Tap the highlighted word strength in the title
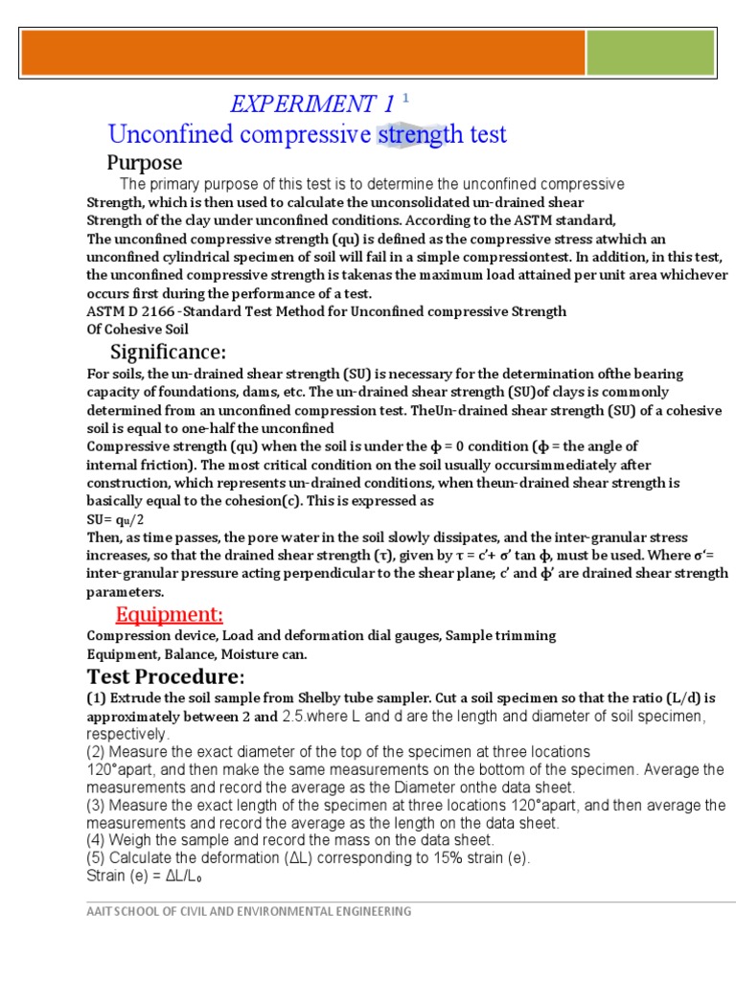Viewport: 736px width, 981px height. click(412, 135)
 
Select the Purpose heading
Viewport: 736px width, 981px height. click(144, 162)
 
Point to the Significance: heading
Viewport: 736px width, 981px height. click(169, 352)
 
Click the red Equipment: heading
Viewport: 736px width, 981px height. click(170, 614)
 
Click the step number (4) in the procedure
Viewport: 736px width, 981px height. click(97, 840)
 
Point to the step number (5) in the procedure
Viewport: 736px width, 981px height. click(97, 857)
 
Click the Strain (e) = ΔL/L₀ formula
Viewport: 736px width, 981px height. click(146, 876)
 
